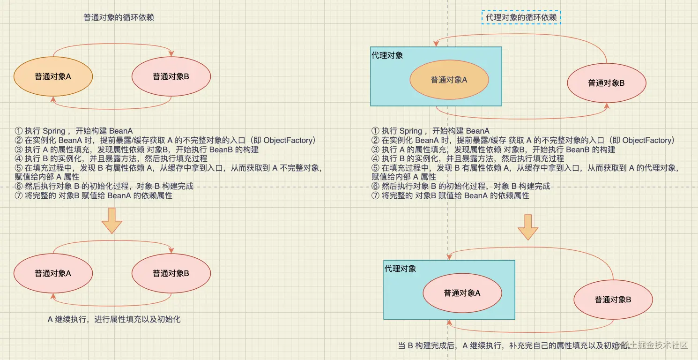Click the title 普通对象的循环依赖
point(119,18)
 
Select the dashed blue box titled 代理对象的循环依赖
point(521,18)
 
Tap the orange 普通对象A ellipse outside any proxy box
point(53,76)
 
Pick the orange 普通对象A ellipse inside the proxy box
point(449,80)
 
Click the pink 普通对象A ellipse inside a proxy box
point(462,293)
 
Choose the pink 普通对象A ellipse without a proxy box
point(53,273)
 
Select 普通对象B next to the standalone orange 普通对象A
point(171,76)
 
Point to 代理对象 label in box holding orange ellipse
point(387,55)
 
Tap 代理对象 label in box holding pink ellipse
point(400,269)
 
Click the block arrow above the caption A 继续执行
point(111,220)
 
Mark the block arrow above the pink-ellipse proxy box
point(528,227)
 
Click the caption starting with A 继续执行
point(114,320)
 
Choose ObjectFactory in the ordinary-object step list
point(289,140)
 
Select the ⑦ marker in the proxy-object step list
point(375,196)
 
